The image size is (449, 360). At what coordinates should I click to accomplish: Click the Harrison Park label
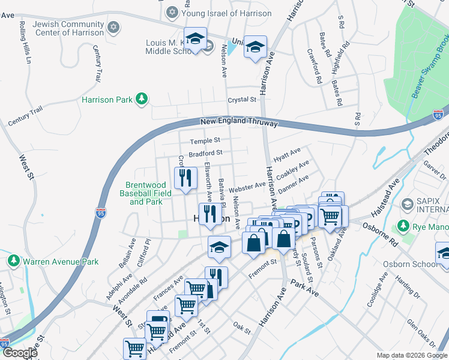(x=107, y=99)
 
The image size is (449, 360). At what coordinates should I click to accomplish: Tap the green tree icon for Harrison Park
(x=142, y=98)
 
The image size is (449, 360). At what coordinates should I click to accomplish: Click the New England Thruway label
(x=239, y=121)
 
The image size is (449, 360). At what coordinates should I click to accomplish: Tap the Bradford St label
(x=205, y=154)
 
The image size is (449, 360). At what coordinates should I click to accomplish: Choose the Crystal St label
(x=241, y=100)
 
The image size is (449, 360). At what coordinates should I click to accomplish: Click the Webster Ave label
(x=247, y=187)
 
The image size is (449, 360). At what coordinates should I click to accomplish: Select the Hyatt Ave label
(x=286, y=155)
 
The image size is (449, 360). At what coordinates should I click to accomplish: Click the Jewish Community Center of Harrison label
(x=68, y=28)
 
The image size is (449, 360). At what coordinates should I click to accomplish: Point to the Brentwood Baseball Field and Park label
(x=149, y=193)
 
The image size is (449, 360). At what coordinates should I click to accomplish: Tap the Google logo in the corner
(x=20, y=353)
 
